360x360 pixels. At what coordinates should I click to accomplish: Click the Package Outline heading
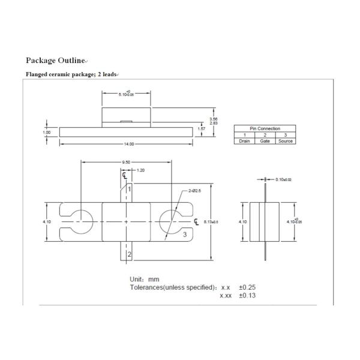pos(56,61)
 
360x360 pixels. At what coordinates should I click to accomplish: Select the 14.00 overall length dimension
pos(128,144)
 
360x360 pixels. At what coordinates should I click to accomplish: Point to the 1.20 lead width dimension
pos(140,170)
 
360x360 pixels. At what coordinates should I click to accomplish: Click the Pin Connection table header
pos(265,128)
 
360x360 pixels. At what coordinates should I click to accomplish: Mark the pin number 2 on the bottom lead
pos(129,254)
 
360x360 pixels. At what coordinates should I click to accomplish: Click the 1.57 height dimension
pos(202,129)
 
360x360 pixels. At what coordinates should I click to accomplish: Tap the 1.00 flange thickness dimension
pos(47,132)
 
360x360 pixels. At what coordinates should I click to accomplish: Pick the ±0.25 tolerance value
pos(247,287)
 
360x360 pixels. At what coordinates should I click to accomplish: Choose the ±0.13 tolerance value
pos(247,296)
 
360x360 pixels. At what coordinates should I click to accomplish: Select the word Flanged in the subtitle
pos(37,74)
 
